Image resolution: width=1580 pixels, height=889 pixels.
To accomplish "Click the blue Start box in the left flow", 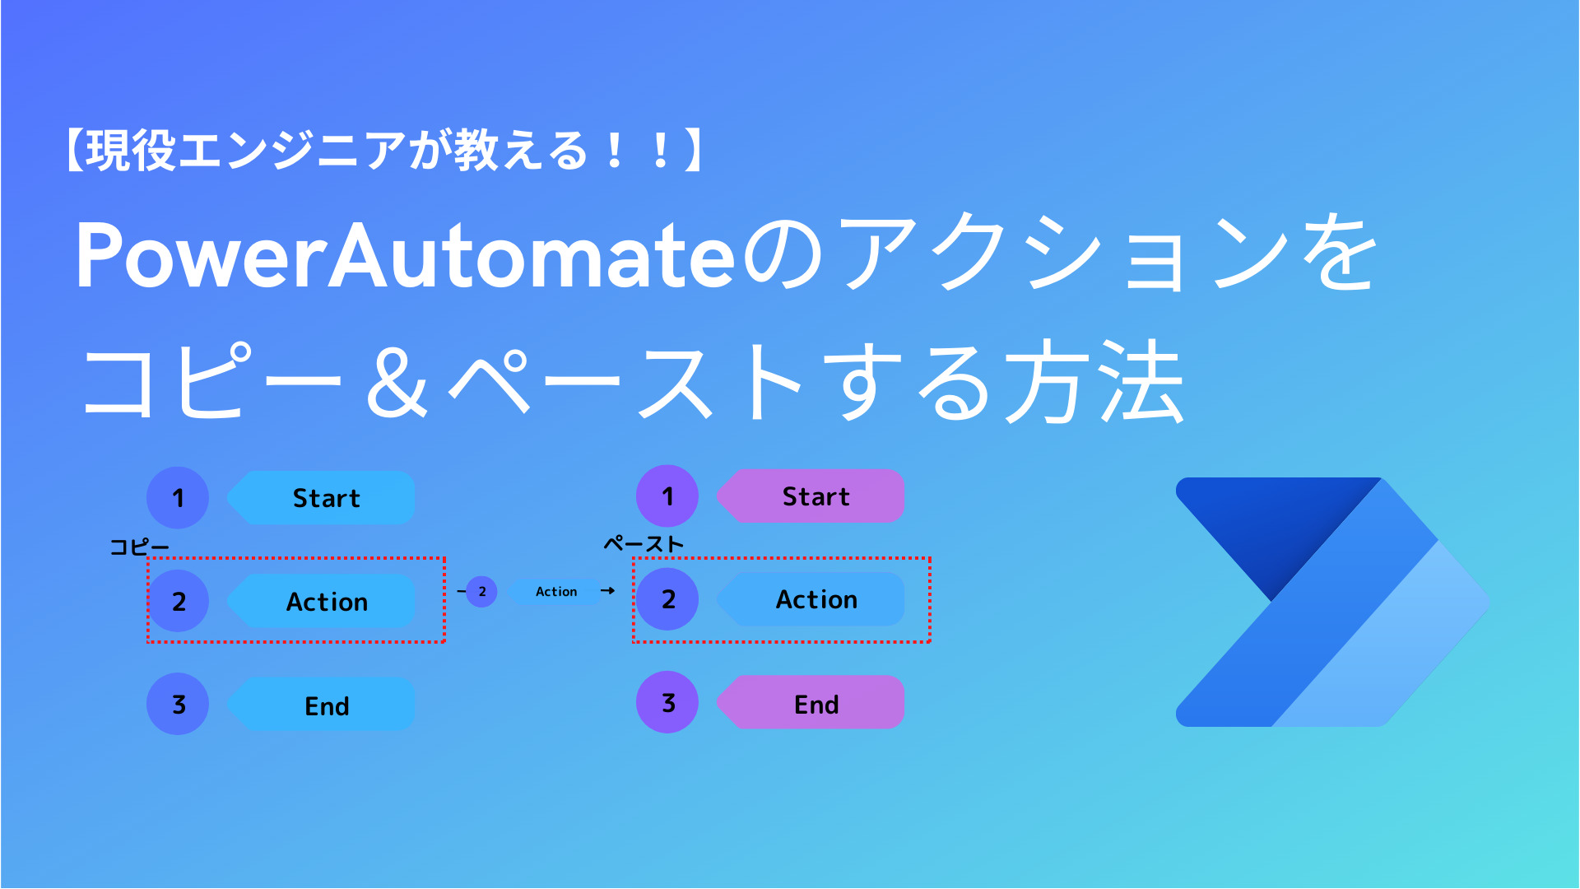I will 325,498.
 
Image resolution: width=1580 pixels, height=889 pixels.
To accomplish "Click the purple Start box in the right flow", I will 815,496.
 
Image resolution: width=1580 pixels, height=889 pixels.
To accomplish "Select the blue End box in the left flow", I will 325,705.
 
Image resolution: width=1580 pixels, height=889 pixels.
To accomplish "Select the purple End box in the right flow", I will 815,704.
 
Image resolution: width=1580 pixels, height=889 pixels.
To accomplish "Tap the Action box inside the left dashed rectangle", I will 325,602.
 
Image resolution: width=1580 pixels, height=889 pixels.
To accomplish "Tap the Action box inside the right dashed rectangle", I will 815,599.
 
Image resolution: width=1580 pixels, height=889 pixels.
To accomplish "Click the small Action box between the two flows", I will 555,592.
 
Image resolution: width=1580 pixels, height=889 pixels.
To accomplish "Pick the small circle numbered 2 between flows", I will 481,592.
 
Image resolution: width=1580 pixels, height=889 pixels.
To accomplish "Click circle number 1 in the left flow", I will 178,498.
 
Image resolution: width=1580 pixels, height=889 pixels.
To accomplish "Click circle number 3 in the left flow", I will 178,705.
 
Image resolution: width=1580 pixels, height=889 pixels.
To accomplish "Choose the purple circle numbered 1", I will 667,496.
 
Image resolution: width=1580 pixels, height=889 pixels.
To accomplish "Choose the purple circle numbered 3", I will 667,703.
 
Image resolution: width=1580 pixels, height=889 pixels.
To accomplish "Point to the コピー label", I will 139,547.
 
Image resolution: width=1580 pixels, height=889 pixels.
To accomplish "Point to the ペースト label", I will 644,544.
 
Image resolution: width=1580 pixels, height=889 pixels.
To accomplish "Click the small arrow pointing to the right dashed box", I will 608,591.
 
